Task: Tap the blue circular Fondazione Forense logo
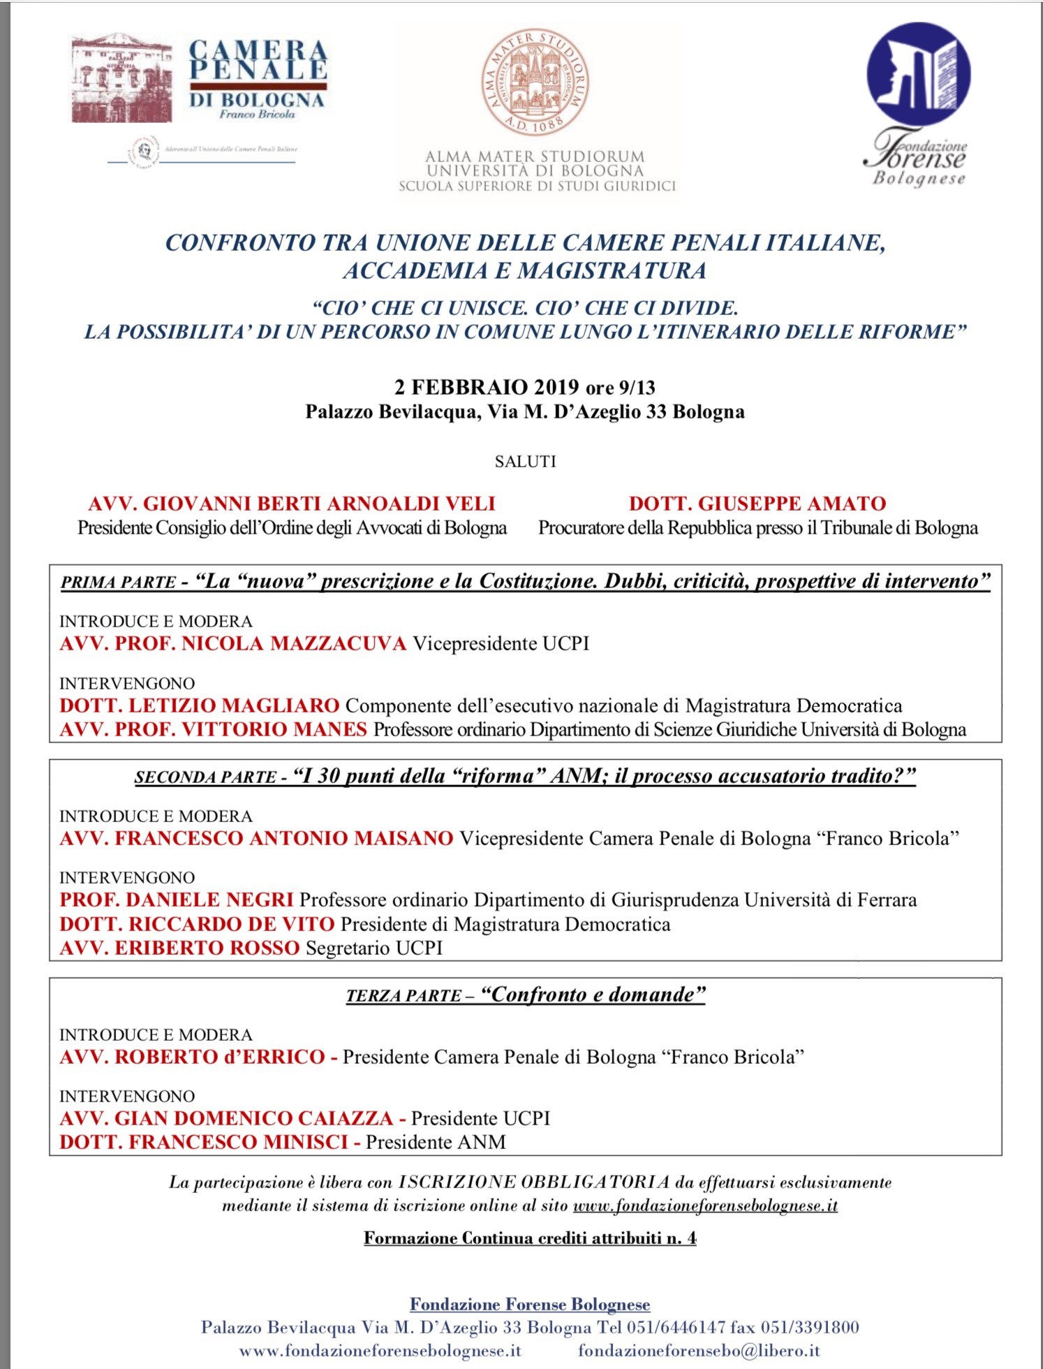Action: point(918,73)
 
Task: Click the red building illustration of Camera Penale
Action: point(121,78)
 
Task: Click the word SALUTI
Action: point(525,462)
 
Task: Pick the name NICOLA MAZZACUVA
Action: point(293,643)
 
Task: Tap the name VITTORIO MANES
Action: point(274,729)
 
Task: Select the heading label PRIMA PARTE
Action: point(117,583)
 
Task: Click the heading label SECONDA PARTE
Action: point(205,777)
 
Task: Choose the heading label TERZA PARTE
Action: point(404,995)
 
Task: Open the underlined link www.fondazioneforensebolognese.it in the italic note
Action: point(704,1206)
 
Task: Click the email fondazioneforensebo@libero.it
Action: point(698,1351)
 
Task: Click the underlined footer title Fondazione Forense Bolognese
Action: point(530,1304)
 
